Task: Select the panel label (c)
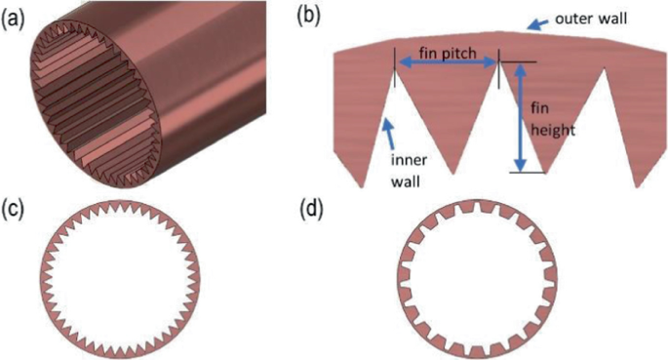[14, 207]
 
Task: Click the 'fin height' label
[555, 116]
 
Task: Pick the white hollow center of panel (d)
[473, 277]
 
